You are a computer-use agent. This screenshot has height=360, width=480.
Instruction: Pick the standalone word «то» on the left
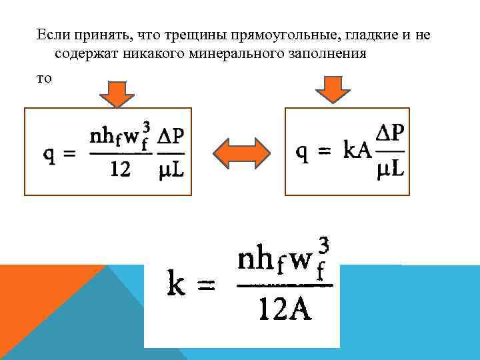coord(43,78)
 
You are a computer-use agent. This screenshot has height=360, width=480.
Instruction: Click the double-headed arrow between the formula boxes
coord(238,153)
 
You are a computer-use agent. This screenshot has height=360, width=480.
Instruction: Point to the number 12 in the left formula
coord(120,170)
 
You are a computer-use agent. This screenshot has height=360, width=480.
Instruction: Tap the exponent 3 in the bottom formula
coord(323,244)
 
